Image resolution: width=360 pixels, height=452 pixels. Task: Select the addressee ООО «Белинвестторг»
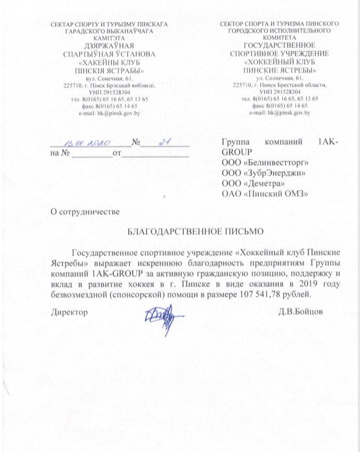(x=264, y=163)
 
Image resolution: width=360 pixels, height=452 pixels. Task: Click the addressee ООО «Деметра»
(x=251, y=183)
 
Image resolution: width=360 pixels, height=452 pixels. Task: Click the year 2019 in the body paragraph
(x=291, y=284)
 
